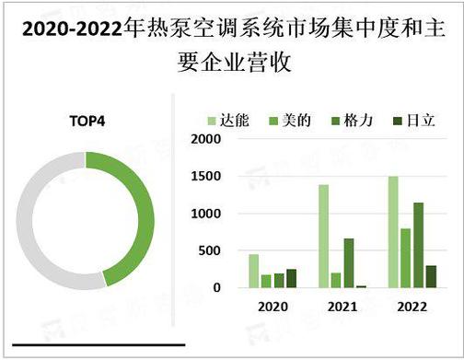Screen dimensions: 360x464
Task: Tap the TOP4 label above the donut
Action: click(87, 121)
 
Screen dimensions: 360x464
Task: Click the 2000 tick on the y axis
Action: click(204, 140)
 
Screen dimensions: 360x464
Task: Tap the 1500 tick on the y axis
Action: click(204, 177)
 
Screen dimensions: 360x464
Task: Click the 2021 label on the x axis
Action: click(342, 307)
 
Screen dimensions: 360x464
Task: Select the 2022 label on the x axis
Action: click(411, 307)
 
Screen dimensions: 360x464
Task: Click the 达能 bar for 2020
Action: click(254, 271)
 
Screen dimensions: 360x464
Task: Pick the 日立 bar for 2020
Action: click(292, 278)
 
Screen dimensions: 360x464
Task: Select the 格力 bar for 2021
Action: click(349, 263)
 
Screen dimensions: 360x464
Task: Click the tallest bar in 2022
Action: click(393, 232)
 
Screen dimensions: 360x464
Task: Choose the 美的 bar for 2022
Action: click(406, 258)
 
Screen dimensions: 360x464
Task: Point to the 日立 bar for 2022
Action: click(431, 276)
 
